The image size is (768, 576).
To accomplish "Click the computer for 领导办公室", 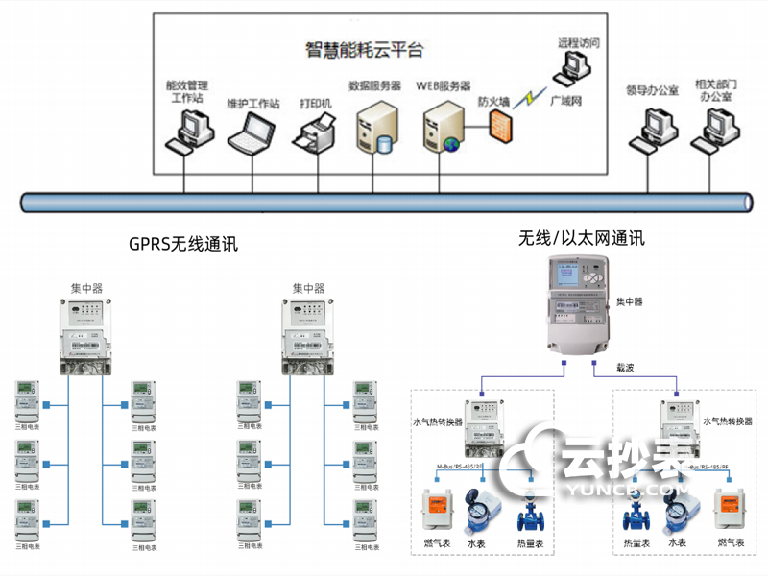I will click(652, 128).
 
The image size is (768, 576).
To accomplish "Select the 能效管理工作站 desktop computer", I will click(187, 131).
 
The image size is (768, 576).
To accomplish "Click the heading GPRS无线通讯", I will click(182, 245).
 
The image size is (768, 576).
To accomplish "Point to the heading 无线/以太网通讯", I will click(582, 237).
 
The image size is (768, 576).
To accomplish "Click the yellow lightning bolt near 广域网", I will click(528, 98).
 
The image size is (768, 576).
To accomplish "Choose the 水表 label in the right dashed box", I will click(678, 543).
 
